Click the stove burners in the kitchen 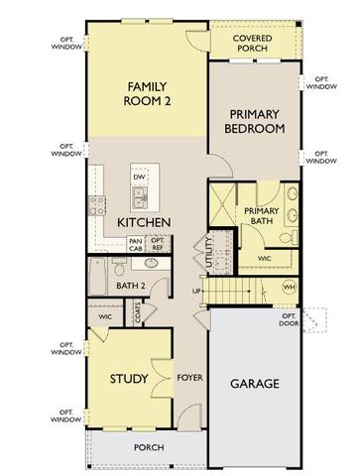tap(99, 206)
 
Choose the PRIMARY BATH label tap(263, 216)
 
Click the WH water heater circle tap(290, 287)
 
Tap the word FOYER tap(189, 378)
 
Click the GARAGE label tap(254, 383)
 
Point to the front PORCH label tap(149, 447)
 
